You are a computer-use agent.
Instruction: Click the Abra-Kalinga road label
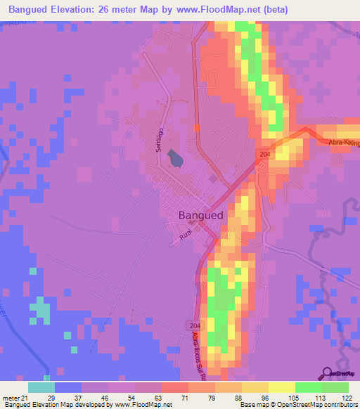pos(344,143)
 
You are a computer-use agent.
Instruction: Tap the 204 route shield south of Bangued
pos(195,325)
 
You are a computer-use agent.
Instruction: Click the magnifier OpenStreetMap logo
pos(326,375)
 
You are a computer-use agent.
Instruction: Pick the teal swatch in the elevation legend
pos(41,388)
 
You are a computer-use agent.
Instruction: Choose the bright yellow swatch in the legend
pos(281,388)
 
